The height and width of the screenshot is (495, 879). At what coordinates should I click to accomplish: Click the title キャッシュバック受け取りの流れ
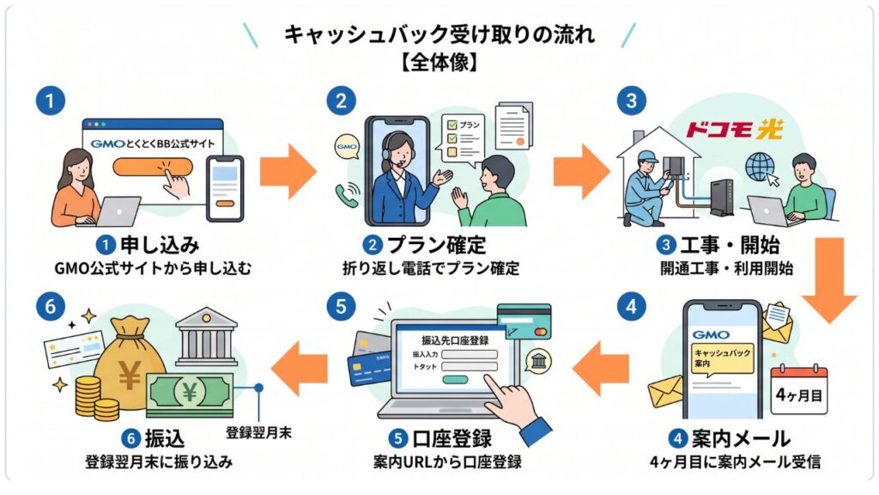tap(439, 34)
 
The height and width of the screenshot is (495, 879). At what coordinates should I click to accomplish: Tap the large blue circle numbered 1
tap(51, 101)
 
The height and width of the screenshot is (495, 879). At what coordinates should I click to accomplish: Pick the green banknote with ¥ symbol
tap(189, 392)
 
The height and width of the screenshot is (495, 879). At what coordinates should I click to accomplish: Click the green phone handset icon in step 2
tap(348, 194)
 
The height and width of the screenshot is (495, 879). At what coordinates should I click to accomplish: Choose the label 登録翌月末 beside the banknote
tap(258, 433)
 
